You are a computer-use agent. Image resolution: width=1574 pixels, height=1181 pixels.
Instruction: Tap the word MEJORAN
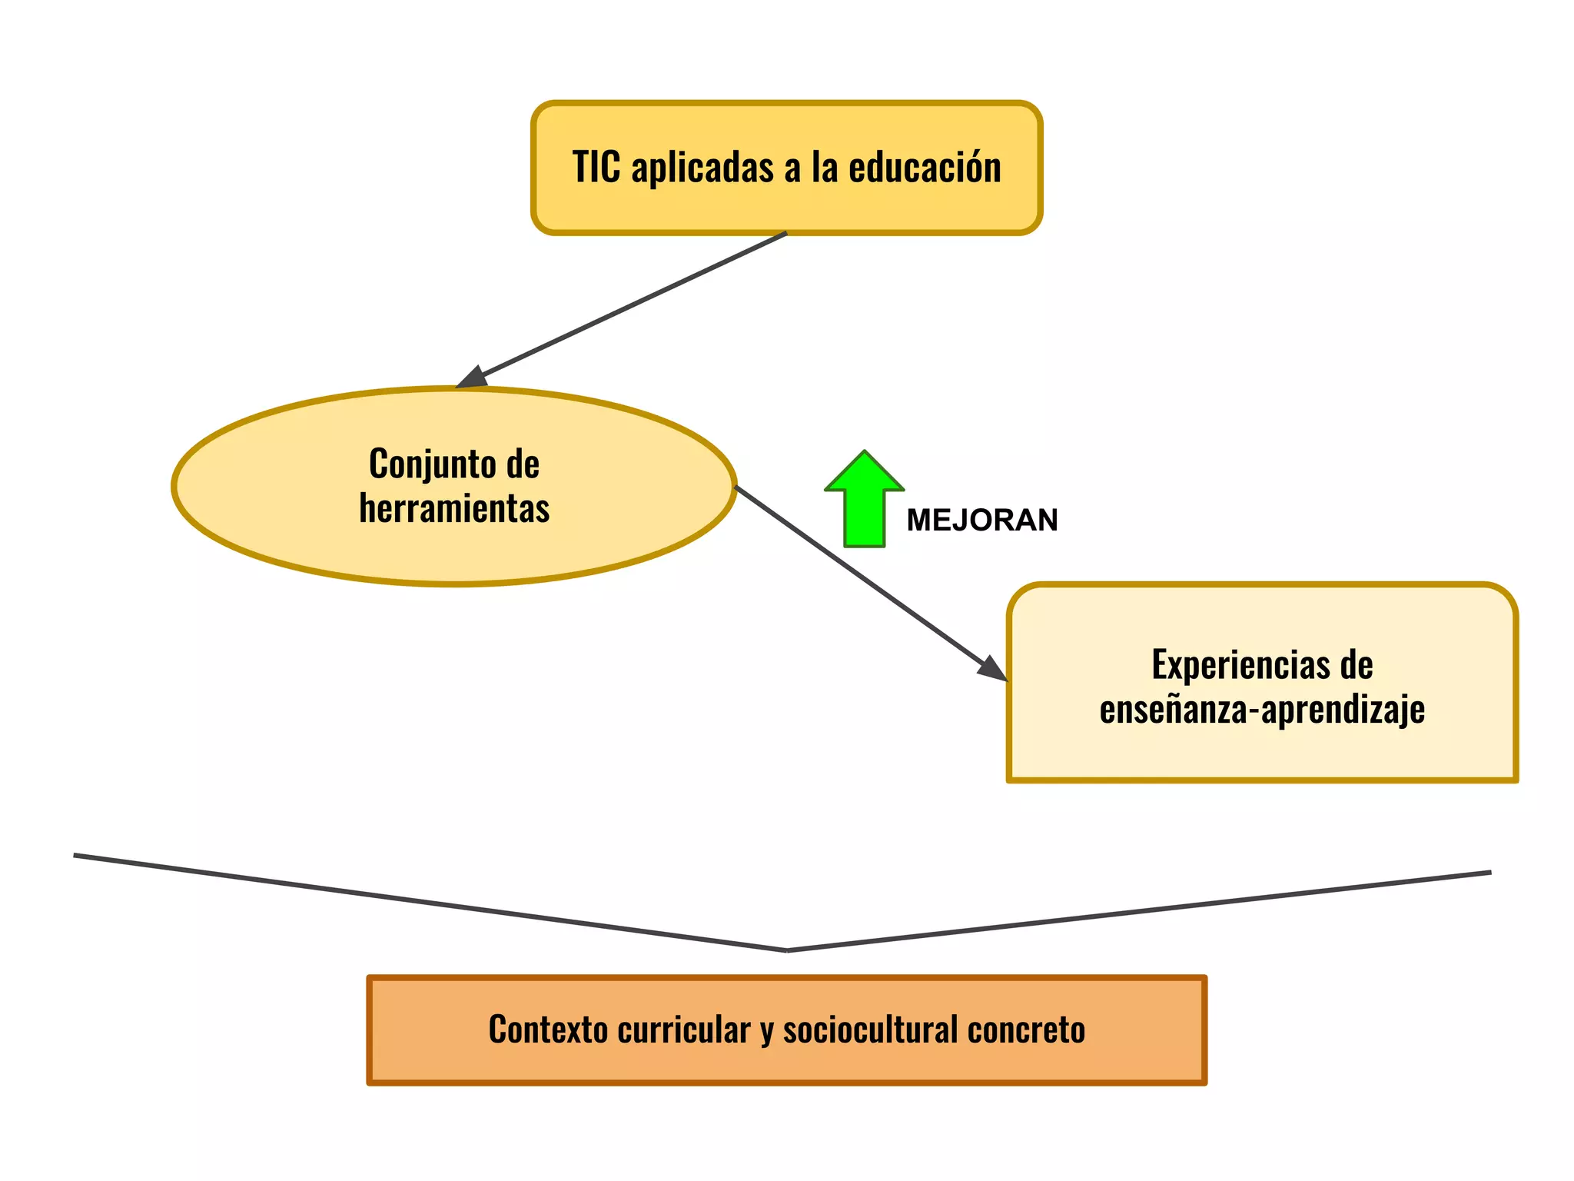[982, 521]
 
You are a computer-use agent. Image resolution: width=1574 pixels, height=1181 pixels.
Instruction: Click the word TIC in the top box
[596, 167]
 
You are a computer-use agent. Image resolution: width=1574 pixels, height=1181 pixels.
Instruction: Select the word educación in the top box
[925, 167]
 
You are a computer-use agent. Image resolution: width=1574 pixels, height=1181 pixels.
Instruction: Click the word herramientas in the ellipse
[454, 508]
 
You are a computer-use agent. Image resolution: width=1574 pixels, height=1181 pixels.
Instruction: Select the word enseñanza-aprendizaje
[1262, 710]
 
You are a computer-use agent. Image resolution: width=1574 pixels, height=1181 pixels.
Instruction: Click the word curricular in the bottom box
[684, 1030]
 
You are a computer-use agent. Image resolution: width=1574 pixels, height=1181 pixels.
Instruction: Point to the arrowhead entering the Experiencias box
[992, 668]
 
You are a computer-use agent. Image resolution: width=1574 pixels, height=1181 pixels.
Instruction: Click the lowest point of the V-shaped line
[788, 950]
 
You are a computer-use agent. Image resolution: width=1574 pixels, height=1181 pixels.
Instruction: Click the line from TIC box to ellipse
[630, 305]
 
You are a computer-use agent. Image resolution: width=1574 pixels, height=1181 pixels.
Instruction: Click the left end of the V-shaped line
[75, 855]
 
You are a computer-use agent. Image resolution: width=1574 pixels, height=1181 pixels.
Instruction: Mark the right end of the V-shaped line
[1489, 873]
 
